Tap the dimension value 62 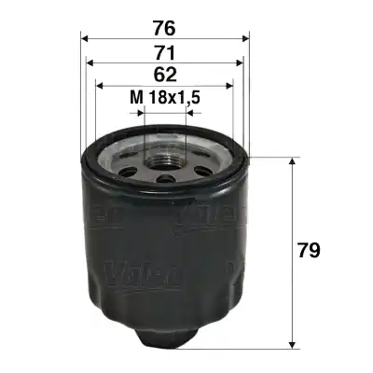click(164, 74)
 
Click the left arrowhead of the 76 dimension click(86, 39)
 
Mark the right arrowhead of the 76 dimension click(246, 39)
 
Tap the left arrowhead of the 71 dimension click(90, 63)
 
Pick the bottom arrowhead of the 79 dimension click(295, 340)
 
